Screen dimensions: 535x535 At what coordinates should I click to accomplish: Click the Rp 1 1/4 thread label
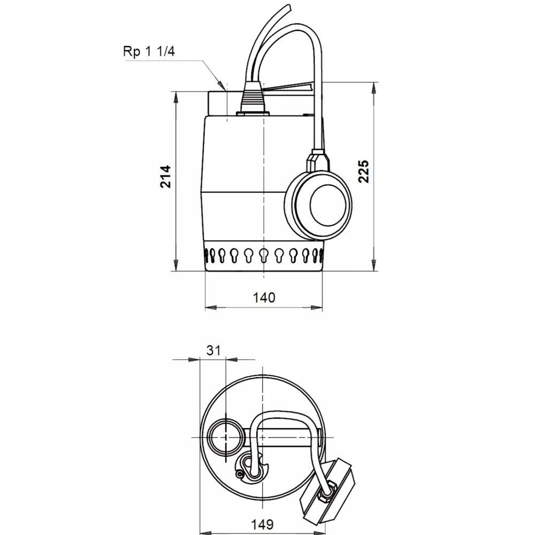pos(150,52)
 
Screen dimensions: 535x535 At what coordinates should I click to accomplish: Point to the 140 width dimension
pos(264,297)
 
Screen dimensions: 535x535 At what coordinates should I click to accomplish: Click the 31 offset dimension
pos(213,350)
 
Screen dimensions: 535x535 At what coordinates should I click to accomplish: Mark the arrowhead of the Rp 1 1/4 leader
pos(219,84)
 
